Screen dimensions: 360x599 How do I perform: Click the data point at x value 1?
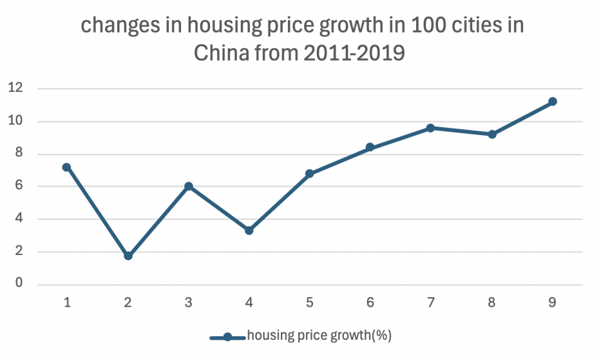click(67, 167)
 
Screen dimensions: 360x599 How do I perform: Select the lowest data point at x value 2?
click(128, 256)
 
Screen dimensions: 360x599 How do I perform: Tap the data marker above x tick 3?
click(189, 187)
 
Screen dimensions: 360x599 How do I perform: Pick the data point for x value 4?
click(249, 231)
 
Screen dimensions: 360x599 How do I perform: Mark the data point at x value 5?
click(309, 173)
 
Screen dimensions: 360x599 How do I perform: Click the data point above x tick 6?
click(370, 147)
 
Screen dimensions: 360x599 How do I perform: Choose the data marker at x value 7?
click(431, 128)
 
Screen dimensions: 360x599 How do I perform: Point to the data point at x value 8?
click(492, 134)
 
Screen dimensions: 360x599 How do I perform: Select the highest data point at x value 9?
click(552, 101)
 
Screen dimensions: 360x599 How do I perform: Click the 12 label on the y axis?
click(16, 89)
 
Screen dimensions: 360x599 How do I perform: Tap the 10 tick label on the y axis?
click(16, 121)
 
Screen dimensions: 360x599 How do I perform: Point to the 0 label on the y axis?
click(19, 284)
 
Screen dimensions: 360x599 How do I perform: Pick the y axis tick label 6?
click(19, 187)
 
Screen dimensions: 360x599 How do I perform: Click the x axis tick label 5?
click(309, 303)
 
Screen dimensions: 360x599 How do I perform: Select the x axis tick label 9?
click(552, 303)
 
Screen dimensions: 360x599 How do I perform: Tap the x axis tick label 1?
click(67, 303)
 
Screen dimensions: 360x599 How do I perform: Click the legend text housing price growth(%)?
click(319, 335)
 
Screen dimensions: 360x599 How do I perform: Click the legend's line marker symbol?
click(228, 337)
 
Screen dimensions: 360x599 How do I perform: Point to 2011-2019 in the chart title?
click(354, 53)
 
